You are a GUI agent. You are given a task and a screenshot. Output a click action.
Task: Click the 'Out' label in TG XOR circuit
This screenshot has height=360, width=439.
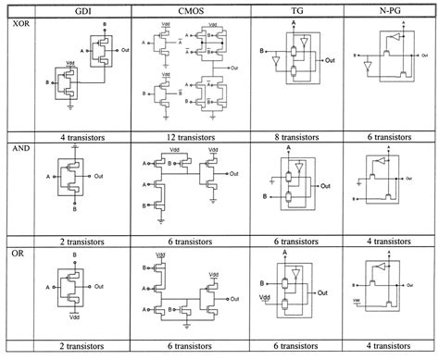click(329, 59)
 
